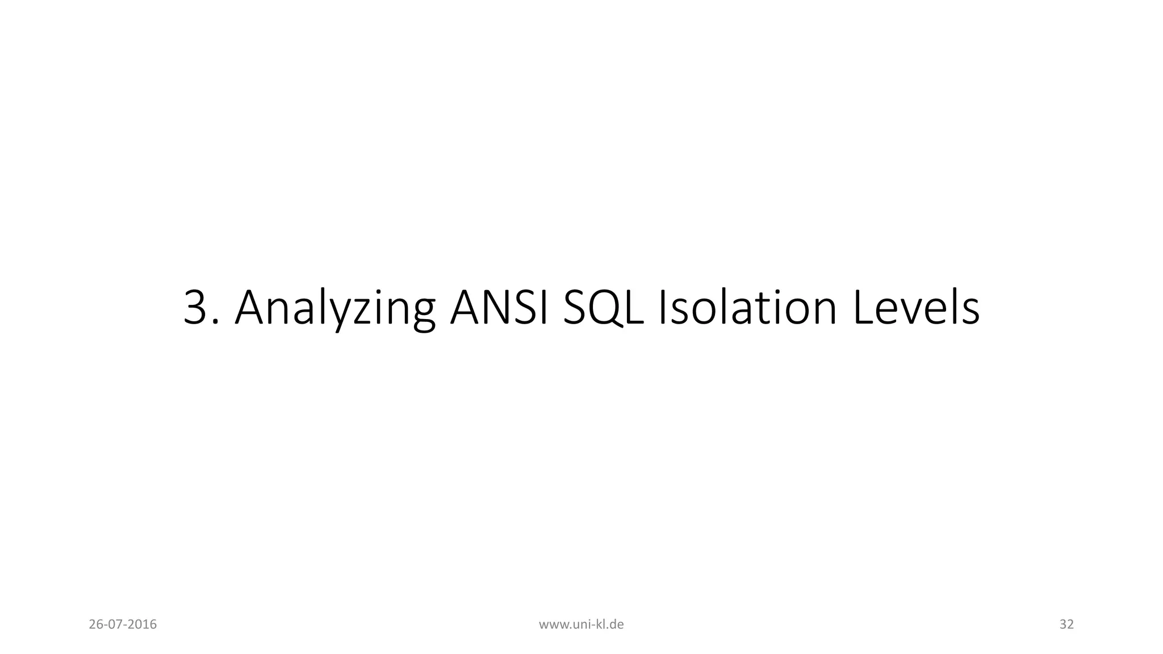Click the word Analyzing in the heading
[x=335, y=309]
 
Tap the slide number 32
[x=1066, y=624]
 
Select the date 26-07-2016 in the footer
[x=123, y=624]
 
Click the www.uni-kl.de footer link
[x=581, y=624]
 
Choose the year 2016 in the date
[x=143, y=624]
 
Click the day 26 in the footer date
[x=95, y=624]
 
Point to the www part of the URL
[x=550, y=625]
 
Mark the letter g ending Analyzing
[x=421, y=315]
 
